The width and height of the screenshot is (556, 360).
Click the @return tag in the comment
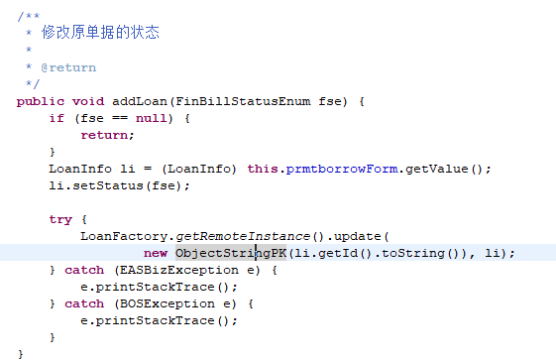[68, 67]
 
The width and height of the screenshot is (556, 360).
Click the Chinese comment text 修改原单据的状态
[100, 33]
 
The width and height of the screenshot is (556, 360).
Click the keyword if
[56, 118]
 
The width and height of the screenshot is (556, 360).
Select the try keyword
[60, 219]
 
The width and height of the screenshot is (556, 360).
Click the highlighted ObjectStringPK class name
[224, 253]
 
